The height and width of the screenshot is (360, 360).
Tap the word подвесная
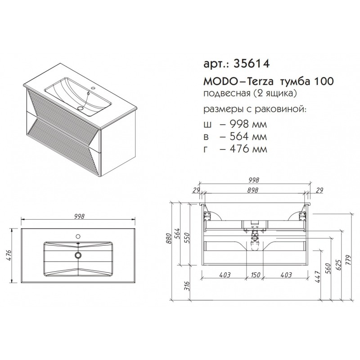click(227, 94)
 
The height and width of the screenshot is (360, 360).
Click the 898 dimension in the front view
click(253, 190)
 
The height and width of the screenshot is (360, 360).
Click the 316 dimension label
click(188, 286)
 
